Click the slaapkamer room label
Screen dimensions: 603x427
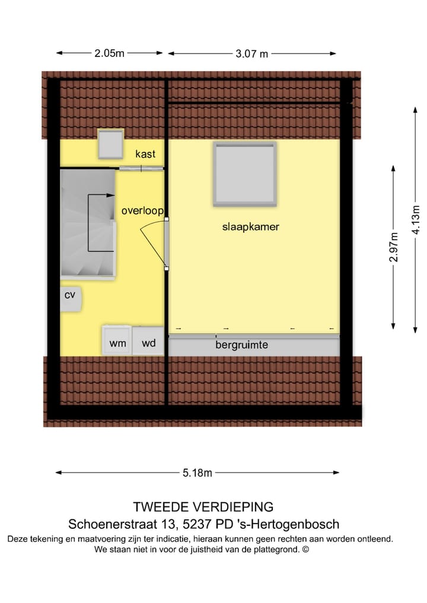tap(250, 226)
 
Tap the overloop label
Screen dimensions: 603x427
tap(142, 210)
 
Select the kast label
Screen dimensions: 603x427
tap(145, 154)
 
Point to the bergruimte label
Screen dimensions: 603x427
tap(241, 344)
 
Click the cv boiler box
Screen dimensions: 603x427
tap(70, 294)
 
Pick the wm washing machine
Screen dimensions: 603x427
tap(116, 343)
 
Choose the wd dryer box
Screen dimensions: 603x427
tap(148, 343)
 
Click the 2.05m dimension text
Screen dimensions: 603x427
tap(110, 53)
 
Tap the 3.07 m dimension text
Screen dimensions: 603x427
tap(252, 54)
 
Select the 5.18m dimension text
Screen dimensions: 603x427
tap(197, 473)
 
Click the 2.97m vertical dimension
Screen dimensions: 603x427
tap(394, 247)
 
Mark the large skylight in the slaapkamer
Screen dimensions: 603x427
tap(246, 174)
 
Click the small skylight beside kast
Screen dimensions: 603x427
tap(110, 144)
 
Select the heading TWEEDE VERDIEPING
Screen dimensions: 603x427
tap(203, 507)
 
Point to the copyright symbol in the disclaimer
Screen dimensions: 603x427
tap(305, 550)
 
